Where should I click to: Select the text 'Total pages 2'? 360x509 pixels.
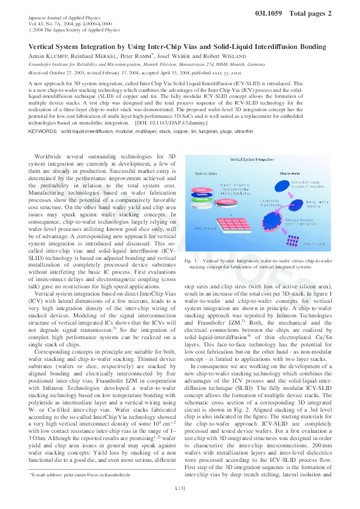click(x=310, y=12)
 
